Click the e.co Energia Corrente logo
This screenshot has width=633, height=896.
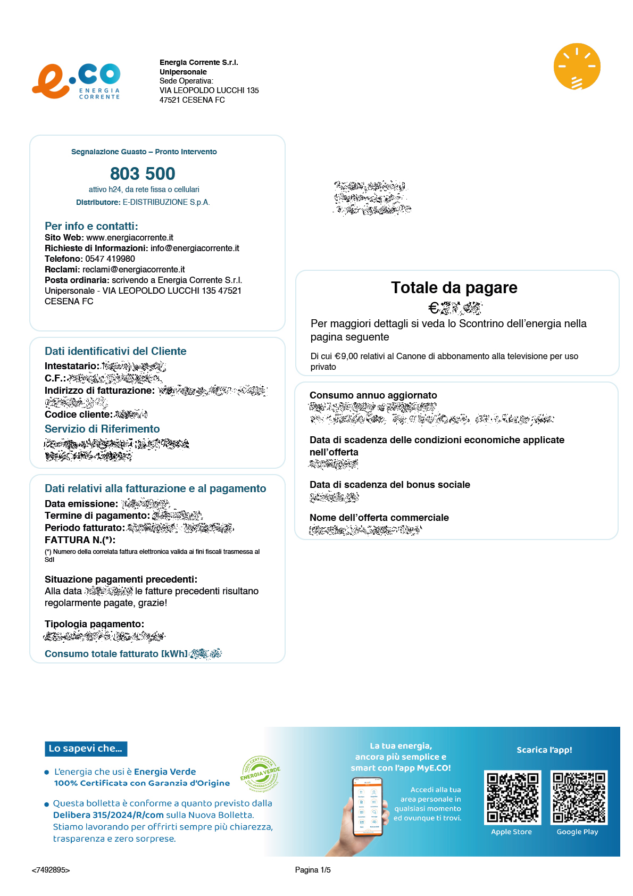(76, 81)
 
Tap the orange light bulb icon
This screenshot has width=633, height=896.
(577, 67)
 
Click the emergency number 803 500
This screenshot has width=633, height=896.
(143, 173)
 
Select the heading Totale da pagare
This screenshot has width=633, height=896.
(454, 287)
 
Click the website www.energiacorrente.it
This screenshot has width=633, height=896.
(130, 237)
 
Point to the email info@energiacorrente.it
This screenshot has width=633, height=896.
(195, 248)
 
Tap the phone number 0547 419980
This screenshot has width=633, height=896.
(110, 259)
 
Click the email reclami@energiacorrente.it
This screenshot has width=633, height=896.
(134, 269)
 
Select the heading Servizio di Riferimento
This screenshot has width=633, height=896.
(102, 429)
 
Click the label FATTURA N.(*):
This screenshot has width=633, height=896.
(80, 540)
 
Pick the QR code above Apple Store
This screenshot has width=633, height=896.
(512, 797)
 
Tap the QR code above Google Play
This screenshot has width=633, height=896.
(578, 797)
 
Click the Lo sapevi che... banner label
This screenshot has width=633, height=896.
(86, 749)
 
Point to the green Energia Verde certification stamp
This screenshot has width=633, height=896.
(260, 773)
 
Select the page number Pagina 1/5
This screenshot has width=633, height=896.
(313, 870)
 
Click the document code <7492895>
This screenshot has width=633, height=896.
(51, 870)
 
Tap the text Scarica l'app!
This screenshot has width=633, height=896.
(544, 750)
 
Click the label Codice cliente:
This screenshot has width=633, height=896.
(78, 414)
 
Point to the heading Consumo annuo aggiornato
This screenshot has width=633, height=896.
(373, 395)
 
